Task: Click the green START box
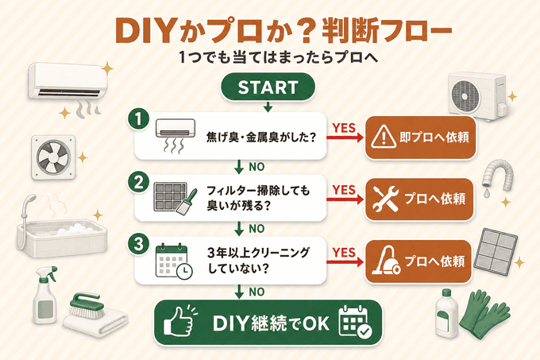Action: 268,87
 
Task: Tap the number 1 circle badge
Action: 138,119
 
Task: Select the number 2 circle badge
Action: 138,182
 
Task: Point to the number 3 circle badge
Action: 138,244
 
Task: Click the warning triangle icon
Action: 384,137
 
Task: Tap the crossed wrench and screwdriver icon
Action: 386,199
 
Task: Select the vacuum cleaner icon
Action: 387,261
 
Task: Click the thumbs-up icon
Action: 180,320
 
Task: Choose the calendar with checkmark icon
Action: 356,321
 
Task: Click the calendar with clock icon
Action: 174,261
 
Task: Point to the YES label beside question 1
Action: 344,128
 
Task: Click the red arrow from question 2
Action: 345,199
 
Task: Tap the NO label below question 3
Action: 256,292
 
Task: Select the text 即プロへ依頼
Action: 434,137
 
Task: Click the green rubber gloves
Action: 484,313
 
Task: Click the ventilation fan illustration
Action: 54,157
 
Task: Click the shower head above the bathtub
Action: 29,203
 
